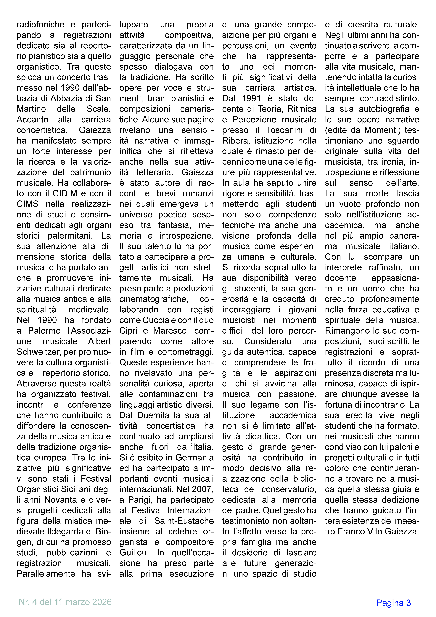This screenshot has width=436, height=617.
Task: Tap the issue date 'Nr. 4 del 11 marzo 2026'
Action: pyautogui.click(x=65, y=602)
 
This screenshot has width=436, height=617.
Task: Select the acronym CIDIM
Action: pyautogui.click(x=65, y=193)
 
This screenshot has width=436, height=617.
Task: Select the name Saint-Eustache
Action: pyautogui.click(x=184, y=521)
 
